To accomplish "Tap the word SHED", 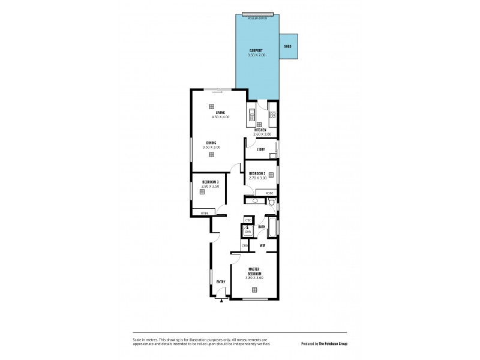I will [x=287, y=45].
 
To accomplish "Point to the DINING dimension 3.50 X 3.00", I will [x=212, y=147].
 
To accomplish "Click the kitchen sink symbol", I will [x=251, y=115].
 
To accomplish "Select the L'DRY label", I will [x=261, y=149].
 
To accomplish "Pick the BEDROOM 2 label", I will [x=258, y=173].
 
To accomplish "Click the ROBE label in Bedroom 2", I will [x=269, y=193].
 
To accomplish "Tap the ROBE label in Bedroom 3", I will [x=205, y=212].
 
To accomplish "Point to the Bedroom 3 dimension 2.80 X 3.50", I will [x=210, y=186].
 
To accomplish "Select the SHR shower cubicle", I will [x=248, y=231].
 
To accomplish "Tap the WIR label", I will [x=263, y=246].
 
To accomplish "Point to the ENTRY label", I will [x=220, y=281].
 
